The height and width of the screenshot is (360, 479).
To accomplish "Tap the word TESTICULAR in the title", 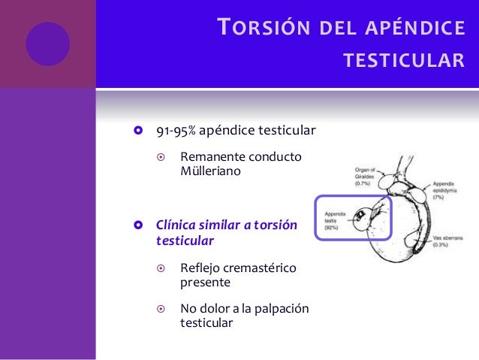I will pos(404,59).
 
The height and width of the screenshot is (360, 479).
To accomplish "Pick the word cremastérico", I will pos(261,268).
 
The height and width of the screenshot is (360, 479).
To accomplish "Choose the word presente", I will pos(205,283).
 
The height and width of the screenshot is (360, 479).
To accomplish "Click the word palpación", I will pos(282,309).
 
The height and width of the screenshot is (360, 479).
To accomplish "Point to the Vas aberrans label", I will pos(445,237).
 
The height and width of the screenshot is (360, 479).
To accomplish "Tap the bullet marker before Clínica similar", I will pos(137,226).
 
